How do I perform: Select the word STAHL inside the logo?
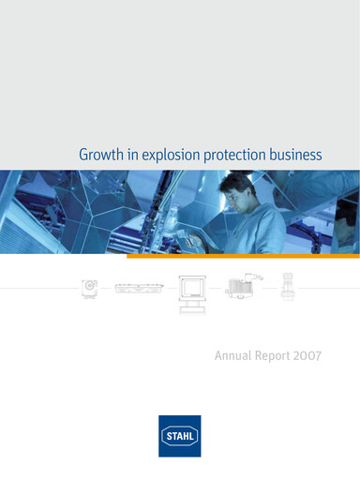179,436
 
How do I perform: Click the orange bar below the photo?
243,255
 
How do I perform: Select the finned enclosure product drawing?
244,283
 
